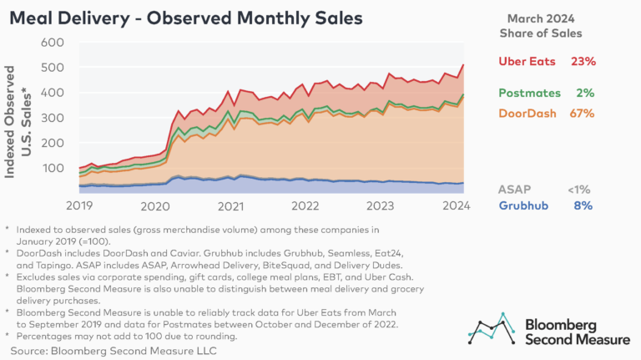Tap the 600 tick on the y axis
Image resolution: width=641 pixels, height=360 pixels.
[53, 43]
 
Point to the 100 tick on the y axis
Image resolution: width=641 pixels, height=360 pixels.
[53, 168]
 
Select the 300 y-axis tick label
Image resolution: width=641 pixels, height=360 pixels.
[53, 118]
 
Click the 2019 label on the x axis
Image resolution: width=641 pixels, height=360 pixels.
[80, 205]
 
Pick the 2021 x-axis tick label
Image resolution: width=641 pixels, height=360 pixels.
[230, 205]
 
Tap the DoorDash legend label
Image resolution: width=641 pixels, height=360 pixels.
[531, 113]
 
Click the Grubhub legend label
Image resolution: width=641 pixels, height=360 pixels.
[525, 205]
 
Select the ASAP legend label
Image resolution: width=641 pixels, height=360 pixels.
[515, 190]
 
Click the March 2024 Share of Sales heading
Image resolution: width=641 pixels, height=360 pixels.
[548, 25]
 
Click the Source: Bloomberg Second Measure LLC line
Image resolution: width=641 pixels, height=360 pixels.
[110, 350]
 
